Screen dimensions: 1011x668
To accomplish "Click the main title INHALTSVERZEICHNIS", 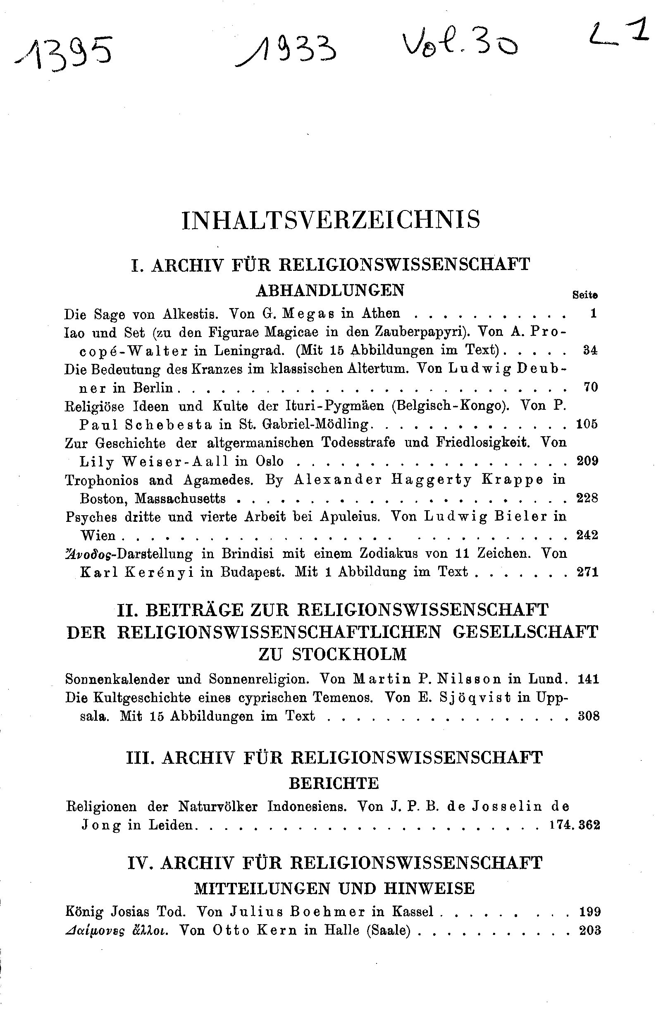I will [x=331, y=220].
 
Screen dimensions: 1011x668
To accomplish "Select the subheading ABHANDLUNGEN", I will [x=330, y=291].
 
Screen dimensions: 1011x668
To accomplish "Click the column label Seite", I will [x=585, y=294].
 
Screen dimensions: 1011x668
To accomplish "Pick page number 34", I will [x=590, y=351].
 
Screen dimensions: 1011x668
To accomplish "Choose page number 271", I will [x=587, y=572].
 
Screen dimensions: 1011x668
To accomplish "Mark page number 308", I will [x=588, y=716].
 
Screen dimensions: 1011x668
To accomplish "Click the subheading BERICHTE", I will [x=334, y=783].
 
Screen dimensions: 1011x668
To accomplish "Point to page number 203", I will [x=589, y=930].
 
